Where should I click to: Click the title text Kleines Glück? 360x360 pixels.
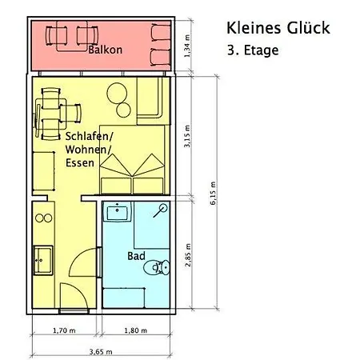pos(278,29)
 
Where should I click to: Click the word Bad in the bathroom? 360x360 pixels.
pos(136,257)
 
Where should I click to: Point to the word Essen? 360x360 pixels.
pos(81,162)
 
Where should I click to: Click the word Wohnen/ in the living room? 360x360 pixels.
pos(83,150)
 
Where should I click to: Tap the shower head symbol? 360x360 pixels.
pos(162,210)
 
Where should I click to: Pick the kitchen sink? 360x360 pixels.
pos(42,259)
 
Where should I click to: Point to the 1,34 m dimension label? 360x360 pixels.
pos(187,46)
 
